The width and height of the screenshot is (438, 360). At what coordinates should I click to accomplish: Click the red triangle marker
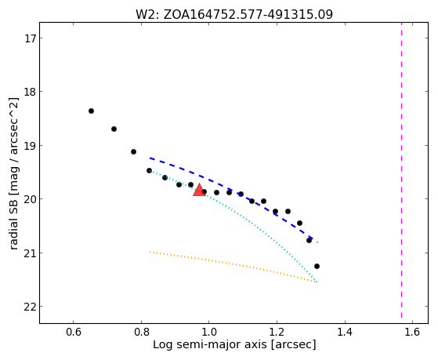click(x=199, y=190)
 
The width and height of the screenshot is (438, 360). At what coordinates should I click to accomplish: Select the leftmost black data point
click(x=91, y=111)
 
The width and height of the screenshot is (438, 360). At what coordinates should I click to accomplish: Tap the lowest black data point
click(x=317, y=267)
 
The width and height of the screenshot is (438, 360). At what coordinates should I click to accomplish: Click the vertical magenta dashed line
click(x=402, y=170)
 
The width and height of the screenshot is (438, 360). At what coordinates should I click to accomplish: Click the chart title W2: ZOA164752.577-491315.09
click(x=234, y=15)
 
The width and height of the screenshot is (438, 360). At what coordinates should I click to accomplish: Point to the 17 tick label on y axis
click(x=30, y=38)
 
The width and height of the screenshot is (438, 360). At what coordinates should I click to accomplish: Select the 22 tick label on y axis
click(x=30, y=307)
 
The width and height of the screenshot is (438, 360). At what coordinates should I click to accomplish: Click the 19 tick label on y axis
click(x=30, y=146)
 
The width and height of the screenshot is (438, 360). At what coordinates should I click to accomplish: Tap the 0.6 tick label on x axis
click(x=73, y=332)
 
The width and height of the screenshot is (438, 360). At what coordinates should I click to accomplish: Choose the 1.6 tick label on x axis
click(x=412, y=332)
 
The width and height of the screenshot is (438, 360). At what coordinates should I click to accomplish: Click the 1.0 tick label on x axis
click(x=209, y=332)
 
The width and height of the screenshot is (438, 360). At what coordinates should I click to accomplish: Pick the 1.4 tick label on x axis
click(x=345, y=332)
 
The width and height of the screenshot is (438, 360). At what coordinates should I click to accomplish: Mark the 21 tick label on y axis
click(x=30, y=253)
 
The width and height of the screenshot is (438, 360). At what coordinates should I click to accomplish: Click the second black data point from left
click(x=114, y=129)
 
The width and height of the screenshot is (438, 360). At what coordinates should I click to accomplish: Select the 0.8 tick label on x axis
click(x=141, y=332)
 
